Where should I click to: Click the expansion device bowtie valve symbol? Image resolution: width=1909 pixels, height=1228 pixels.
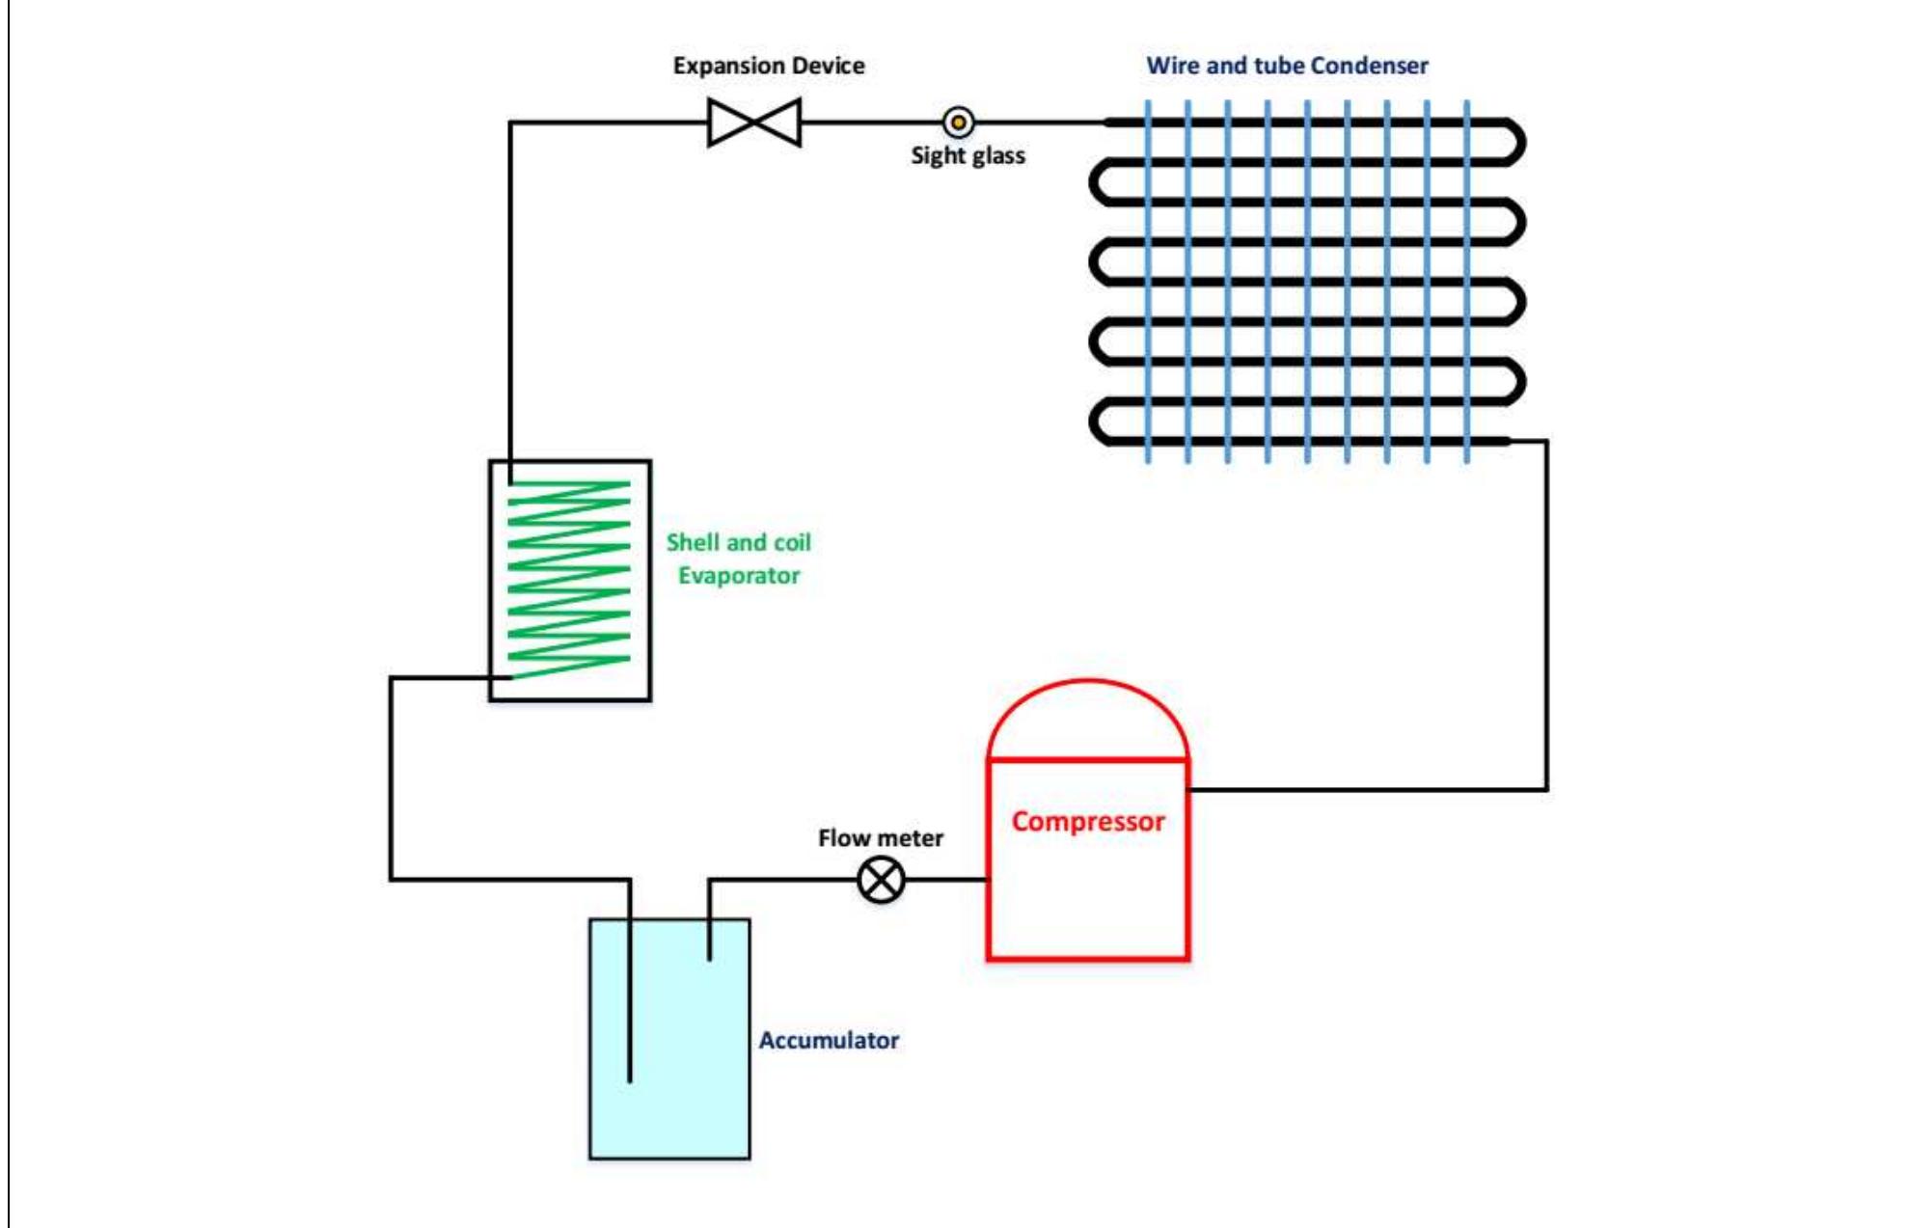click(x=754, y=123)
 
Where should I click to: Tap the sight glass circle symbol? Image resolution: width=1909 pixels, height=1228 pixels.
click(x=958, y=123)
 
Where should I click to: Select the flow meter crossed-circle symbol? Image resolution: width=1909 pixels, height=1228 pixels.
click(x=881, y=880)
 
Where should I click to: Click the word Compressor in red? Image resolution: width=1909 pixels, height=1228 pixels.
click(x=1087, y=822)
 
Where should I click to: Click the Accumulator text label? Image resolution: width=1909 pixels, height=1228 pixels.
click(x=829, y=1040)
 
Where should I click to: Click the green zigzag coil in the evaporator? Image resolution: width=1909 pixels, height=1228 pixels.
click(x=569, y=579)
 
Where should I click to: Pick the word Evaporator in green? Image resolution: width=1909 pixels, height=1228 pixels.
click(x=739, y=576)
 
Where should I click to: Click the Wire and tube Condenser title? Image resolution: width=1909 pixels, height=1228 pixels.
click(x=1287, y=66)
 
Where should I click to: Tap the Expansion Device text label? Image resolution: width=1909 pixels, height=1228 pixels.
click(x=769, y=66)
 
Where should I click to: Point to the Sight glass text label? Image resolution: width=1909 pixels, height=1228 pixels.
click(x=968, y=155)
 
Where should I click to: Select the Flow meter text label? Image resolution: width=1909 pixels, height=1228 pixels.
click(x=881, y=837)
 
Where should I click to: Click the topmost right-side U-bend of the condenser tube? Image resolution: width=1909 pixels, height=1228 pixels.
click(x=1517, y=143)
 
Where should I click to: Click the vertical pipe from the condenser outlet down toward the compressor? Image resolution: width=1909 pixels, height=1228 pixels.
click(x=1546, y=617)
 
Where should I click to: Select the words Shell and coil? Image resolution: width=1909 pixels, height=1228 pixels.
click(x=739, y=542)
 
